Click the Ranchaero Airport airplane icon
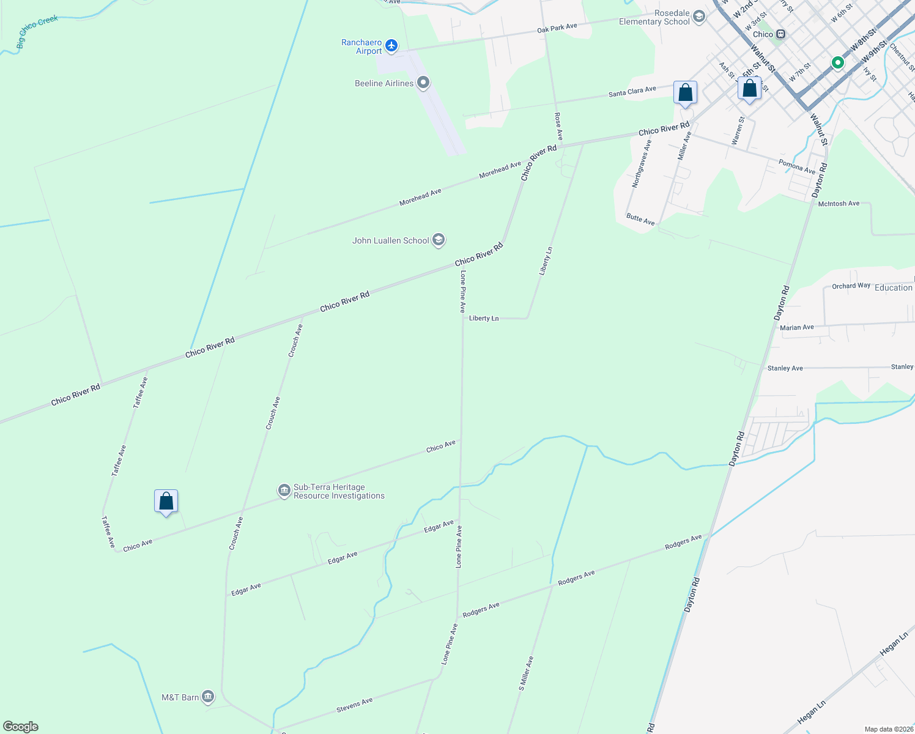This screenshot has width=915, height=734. (x=391, y=46)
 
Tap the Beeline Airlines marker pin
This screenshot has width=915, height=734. (x=423, y=83)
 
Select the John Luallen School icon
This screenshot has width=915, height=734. (x=438, y=240)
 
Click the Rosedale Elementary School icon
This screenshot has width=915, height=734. (x=698, y=17)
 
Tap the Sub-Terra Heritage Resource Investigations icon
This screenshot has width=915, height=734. (x=284, y=491)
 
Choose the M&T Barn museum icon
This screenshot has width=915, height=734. (x=208, y=697)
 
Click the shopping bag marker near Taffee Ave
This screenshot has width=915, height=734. (x=166, y=502)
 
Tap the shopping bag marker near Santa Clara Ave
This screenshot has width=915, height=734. (x=685, y=93)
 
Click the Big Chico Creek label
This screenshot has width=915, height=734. (x=37, y=32)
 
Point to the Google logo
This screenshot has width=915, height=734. (x=21, y=726)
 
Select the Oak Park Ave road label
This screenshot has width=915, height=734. (x=557, y=28)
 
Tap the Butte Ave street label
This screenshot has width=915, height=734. (x=640, y=219)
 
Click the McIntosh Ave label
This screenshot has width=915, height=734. (x=839, y=204)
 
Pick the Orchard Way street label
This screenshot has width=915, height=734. (x=851, y=286)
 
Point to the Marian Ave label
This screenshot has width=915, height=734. (x=796, y=328)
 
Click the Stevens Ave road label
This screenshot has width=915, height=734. (x=354, y=705)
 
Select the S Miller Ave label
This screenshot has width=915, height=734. (x=526, y=673)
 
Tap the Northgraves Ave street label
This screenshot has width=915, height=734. (x=642, y=163)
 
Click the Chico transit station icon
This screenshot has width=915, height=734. (x=780, y=34)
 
